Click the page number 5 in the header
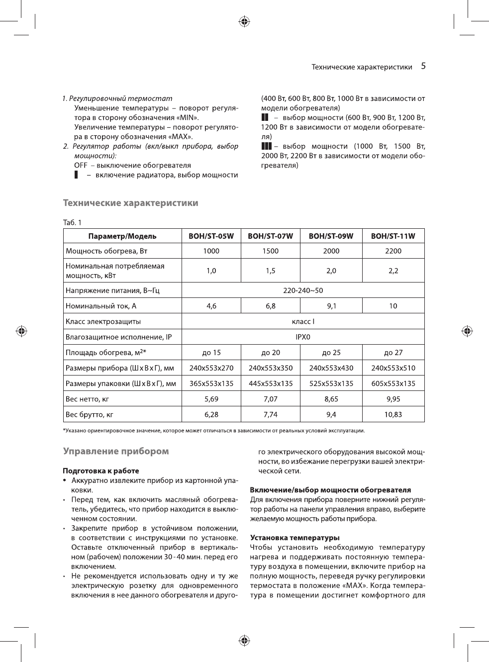(x=423, y=66)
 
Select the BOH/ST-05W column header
(x=211, y=236)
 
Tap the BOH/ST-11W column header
(x=393, y=236)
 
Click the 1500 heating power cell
(x=271, y=251)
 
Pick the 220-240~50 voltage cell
(x=303, y=290)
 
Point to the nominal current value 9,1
(x=331, y=306)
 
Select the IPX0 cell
(x=303, y=337)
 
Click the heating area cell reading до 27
(x=393, y=353)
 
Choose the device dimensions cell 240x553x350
(x=271, y=368)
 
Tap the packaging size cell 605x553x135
(x=393, y=383)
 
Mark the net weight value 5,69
(x=211, y=399)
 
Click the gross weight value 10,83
(x=393, y=414)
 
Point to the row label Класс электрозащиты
(x=103, y=322)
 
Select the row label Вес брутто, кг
(x=90, y=414)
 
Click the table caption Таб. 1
(x=72, y=222)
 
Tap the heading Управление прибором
(x=116, y=452)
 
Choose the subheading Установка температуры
(x=294, y=538)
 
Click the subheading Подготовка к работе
(x=100, y=471)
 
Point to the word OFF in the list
(x=81, y=165)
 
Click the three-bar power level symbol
(x=266, y=146)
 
